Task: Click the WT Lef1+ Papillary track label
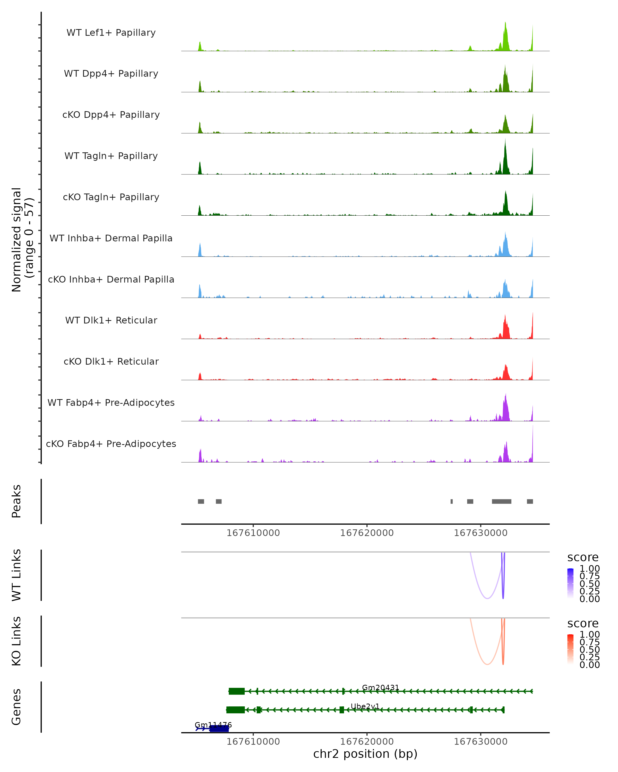click(111, 33)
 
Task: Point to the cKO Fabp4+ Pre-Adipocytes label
click(111, 444)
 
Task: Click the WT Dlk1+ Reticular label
click(111, 320)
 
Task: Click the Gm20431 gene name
click(381, 688)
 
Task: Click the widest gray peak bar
click(502, 501)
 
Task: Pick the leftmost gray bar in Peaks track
click(201, 501)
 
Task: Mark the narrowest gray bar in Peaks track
click(451, 501)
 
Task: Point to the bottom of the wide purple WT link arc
click(487, 598)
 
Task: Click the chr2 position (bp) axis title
click(365, 754)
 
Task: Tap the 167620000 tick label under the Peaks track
click(367, 533)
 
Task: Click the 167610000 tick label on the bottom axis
click(253, 742)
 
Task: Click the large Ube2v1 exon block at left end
click(235, 710)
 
